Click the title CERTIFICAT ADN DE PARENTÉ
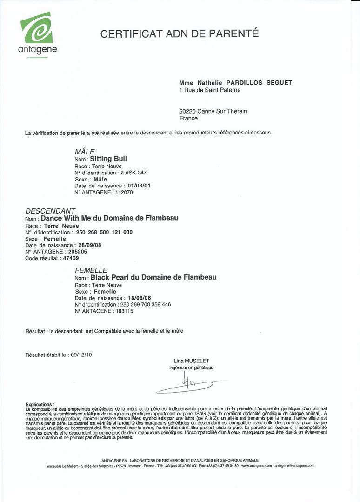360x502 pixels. tap(180, 33)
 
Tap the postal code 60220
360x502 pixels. tap(187, 111)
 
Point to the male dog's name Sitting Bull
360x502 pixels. tap(108, 159)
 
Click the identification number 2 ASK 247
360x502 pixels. tap(133, 173)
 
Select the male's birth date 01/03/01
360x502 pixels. tap(136, 186)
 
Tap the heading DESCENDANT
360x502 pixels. tap(50, 211)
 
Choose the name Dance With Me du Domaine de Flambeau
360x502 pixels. tap(109, 218)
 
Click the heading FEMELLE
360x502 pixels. tap(91, 270)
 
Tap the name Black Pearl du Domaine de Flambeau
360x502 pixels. tap(153, 277)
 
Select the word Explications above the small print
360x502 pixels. tap(39, 404)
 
